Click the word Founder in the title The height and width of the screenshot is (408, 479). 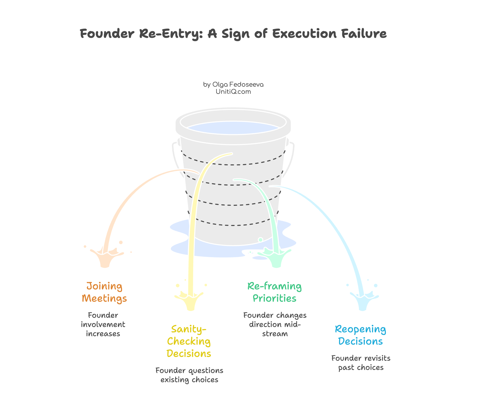tap(107, 34)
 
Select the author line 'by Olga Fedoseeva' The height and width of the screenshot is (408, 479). tap(233, 85)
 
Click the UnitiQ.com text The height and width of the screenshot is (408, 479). tap(233, 92)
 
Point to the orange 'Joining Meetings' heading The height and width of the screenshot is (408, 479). tap(104, 292)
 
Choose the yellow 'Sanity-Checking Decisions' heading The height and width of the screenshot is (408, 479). tap(189, 341)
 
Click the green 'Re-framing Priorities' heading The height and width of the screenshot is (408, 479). tap(275, 292)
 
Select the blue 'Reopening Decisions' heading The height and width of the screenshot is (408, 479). tap(361, 335)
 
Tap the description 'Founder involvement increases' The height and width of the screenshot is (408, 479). tap(103, 324)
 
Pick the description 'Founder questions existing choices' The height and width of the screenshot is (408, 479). tap(189, 375)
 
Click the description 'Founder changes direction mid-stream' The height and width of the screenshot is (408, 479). tap(275, 324)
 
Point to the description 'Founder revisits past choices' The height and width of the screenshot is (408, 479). tap(361, 363)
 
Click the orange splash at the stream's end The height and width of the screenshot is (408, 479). tap(105, 257)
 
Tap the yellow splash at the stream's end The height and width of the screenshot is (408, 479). tap(190, 300)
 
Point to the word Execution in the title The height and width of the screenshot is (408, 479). tap(304, 34)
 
